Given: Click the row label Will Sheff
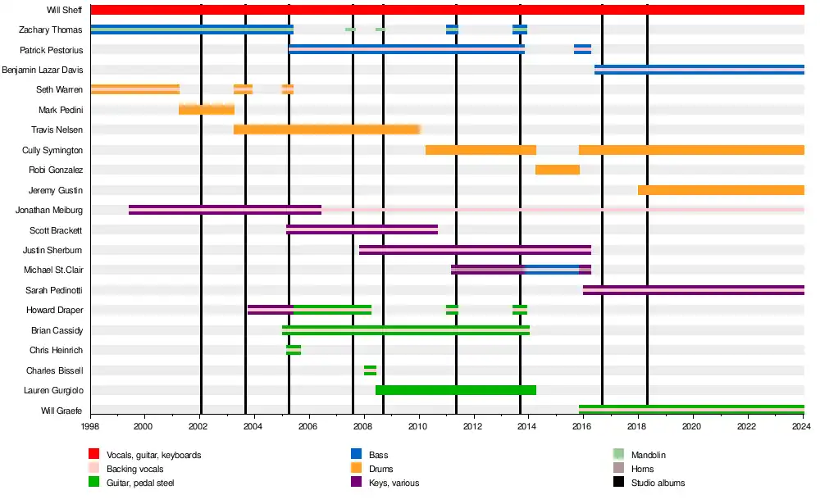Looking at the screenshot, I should click(x=65, y=10).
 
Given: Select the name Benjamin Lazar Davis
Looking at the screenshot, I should click(x=42, y=70).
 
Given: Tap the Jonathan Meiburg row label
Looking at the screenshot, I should click(x=49, y=211).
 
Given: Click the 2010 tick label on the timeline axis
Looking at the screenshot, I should click(x=418, y=427).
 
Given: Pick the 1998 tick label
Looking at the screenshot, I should click(x=90, y=427).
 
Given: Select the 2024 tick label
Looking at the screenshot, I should click(x=803, y=427).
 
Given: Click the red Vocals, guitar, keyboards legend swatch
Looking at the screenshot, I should click(x=94, y=455).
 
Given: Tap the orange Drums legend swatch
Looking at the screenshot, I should click(x=357, y=469).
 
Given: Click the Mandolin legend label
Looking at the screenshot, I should click(x=649, y=455).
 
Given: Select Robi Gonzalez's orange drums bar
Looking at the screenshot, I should click(x=558, y=170).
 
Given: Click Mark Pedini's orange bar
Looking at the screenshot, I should click(x=207, y=110).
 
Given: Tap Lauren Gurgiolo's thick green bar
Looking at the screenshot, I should click(x=456, y=390).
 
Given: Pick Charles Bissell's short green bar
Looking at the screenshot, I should click(x=370, y=370).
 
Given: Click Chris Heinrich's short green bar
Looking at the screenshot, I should click(x=294, y=350).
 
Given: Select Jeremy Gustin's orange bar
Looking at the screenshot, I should click(x=721, y=190).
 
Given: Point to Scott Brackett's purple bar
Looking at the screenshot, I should click(x=362, y=230).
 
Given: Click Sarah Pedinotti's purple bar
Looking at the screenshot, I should click(x=693, y=290).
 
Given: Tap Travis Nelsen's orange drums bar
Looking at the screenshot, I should click(x=326, y=129).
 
